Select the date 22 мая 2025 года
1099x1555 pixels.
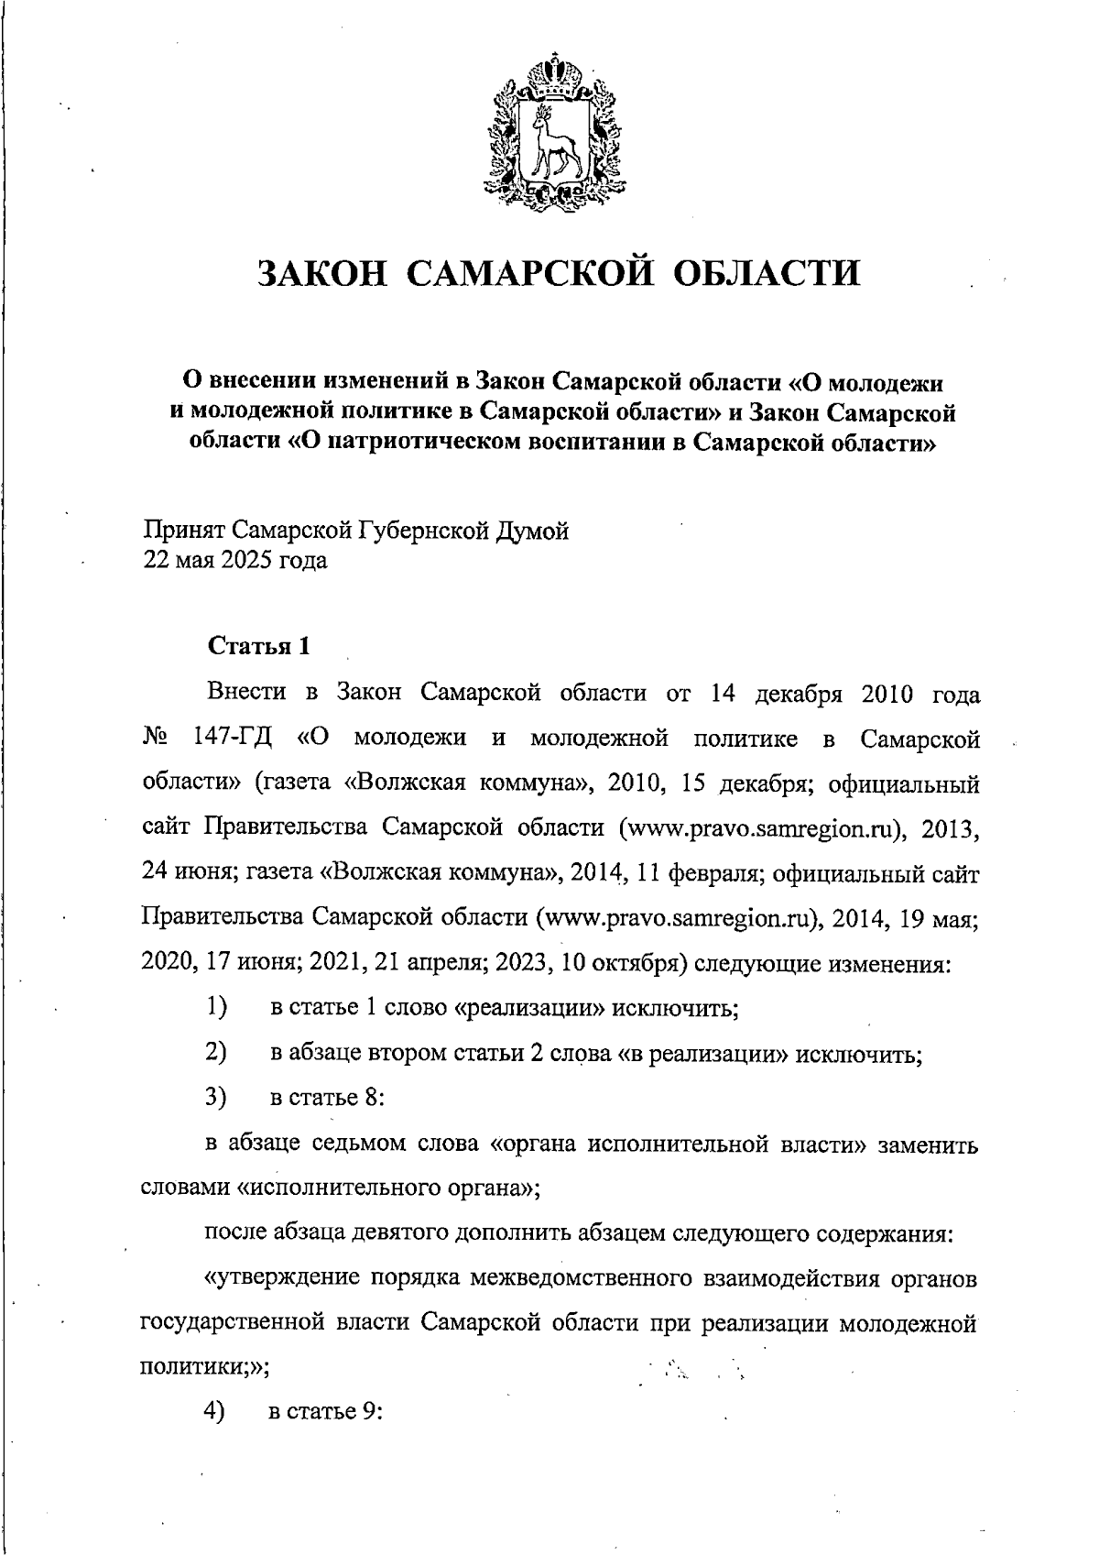pos(234,559)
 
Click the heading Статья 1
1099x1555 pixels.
pos(259,646)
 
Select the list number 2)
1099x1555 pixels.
pos(215,1053)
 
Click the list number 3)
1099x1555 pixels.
pos(215,1097)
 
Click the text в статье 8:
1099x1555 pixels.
pos(326,1098)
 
